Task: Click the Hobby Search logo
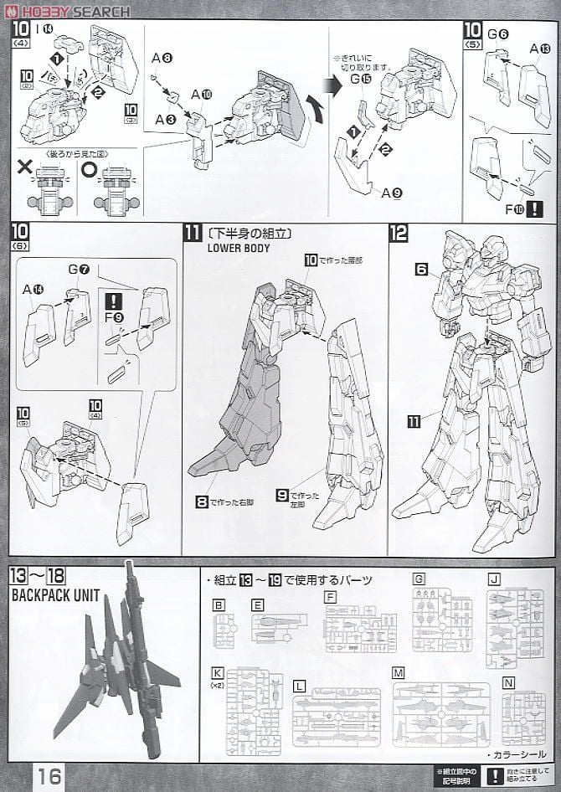point(67,11)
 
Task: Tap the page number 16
point(49,776)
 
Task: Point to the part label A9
point(392,193)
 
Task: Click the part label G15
point(363,79)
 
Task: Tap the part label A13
point(541,49)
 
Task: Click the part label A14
point(33,289)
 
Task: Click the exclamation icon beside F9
point(114,301)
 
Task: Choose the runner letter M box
point(399,673)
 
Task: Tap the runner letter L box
point(298,685)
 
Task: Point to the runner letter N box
point(507,682)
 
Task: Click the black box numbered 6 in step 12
point(421,269)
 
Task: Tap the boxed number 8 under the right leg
point(202,502)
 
